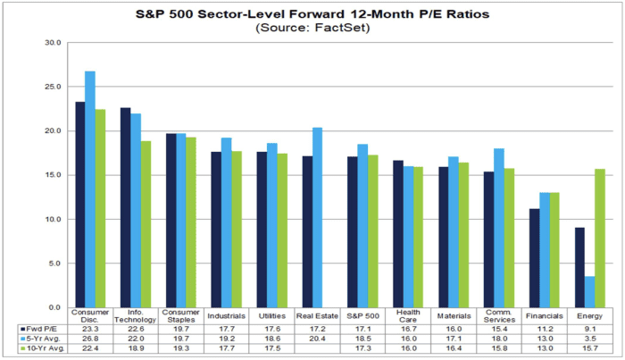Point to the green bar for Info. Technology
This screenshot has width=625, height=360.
(146, 224)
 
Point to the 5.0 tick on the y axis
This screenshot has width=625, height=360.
(54, 264)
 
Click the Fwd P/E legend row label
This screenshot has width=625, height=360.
(41, 329)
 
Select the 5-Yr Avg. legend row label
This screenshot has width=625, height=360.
(41, 338)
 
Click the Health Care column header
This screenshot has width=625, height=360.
(407, 315)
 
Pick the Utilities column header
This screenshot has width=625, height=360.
(271, 315)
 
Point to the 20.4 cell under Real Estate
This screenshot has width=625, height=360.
(316, 338)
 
